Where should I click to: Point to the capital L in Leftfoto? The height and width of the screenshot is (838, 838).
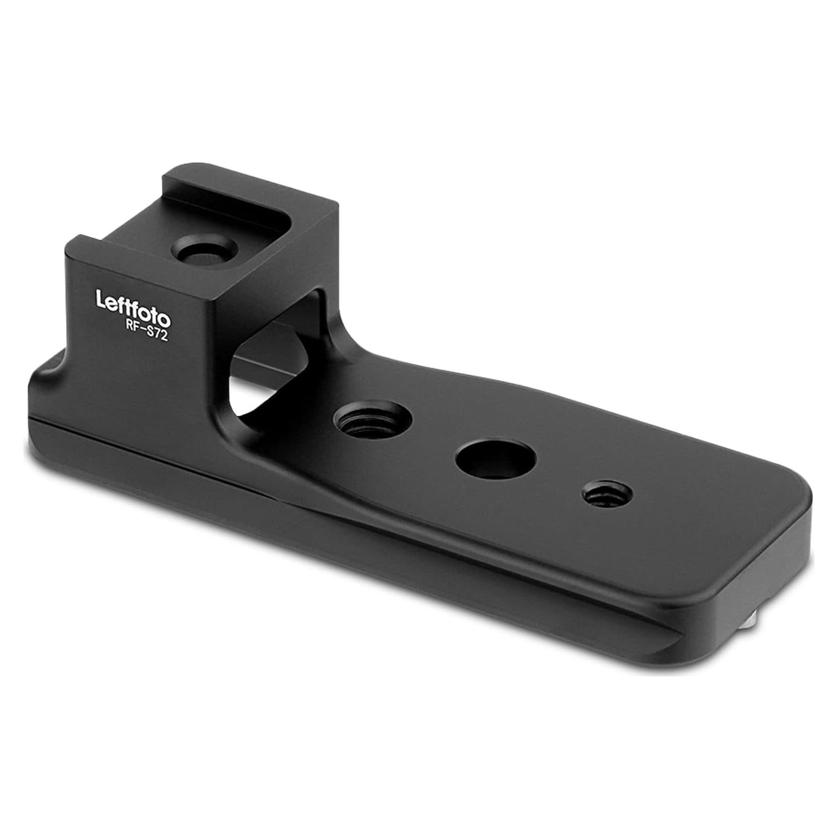101,299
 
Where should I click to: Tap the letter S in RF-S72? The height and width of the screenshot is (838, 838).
149,332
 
